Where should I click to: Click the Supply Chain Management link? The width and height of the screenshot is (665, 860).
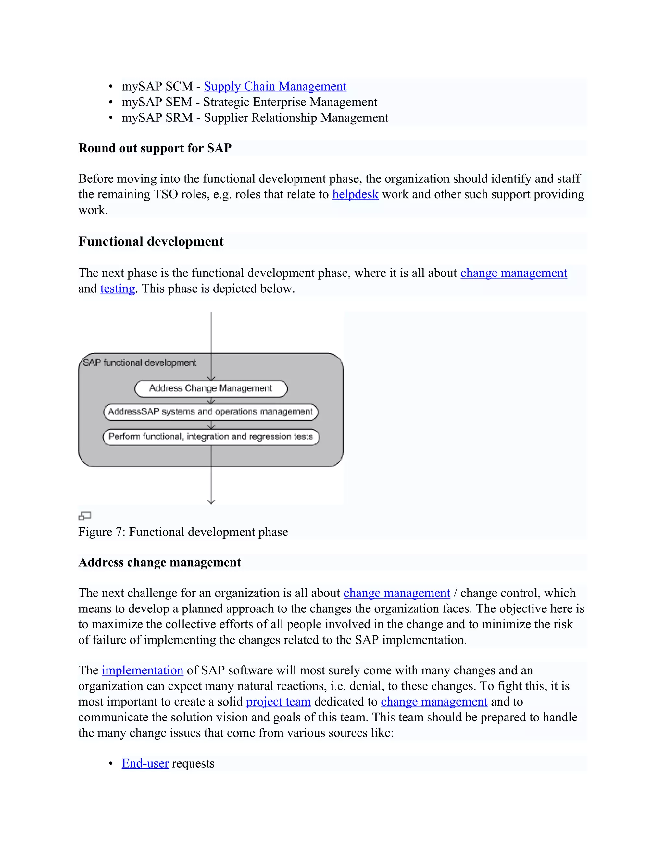(x=275, y=86)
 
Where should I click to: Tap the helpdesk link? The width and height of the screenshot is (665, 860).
(x=355, y=194)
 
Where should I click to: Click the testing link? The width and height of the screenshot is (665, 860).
(x=118, y=289)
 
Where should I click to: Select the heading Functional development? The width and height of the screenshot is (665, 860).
(x=151, y=241)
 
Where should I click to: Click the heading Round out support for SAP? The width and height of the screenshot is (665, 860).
(x=155, y=148)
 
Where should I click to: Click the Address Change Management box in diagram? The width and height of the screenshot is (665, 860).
(x=211, y=388)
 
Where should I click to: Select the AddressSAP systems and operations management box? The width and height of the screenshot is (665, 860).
(x=211, y=412)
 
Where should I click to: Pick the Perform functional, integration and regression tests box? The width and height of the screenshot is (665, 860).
(x=211, y=437)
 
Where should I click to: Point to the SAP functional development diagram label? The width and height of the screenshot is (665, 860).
(x=139, y=363)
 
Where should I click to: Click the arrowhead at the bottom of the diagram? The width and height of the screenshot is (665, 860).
(x=211, y=501)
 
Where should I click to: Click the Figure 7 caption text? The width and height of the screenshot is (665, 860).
(x=183, y=532)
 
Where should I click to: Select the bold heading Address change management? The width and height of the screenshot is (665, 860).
(x=159, y=562)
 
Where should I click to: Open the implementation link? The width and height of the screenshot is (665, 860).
(x=142, y=670)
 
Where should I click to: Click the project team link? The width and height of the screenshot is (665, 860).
(x=278, y=701)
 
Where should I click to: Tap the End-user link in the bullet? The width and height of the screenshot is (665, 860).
(x=145, y=763)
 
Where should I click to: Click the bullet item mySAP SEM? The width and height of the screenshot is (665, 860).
(x=249, y=102)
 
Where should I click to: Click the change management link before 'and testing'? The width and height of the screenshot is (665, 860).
(x=514, y=273)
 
